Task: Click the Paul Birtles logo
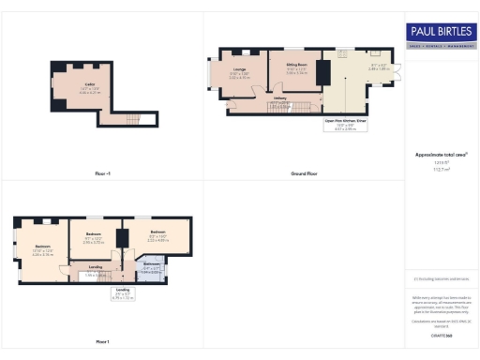pos(441,36)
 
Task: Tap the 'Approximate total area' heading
pos(440,154)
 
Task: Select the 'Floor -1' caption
pos(102,173)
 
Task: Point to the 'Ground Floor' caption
pos(301,173)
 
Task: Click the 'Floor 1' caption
pos(102,341)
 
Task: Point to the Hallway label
pos(279,98)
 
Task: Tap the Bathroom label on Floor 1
pos(151,266)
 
